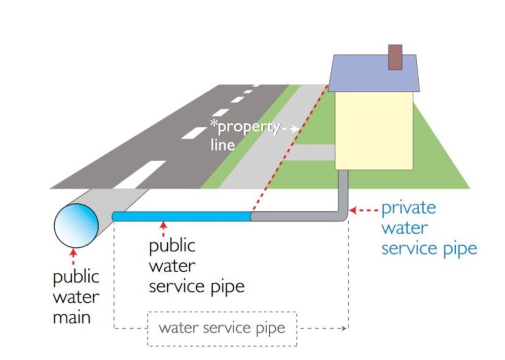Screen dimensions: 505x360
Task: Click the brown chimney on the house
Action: pos(395,57)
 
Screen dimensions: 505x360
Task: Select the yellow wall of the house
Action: pos(374,130)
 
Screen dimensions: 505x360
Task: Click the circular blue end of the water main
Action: pos(76,225)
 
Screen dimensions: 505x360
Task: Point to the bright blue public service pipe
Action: pos(182,216)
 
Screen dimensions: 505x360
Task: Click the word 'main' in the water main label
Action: pos(72,318)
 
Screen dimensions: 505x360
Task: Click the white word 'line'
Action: pos(222,144)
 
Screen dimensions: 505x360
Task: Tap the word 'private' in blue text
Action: pos(408,208)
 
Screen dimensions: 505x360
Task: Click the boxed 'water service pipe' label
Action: pos(222,328)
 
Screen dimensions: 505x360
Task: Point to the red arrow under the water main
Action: pos(74,256)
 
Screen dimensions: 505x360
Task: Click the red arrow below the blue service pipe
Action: pos(163,229)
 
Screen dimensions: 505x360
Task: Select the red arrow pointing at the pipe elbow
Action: pos(363,210)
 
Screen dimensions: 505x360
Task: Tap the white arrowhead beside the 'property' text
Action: pos(294,129)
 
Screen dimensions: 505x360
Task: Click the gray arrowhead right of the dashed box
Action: pos(345,328)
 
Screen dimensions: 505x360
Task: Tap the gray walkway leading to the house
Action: pos(314,152)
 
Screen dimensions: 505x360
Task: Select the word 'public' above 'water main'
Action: pos(76,278)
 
